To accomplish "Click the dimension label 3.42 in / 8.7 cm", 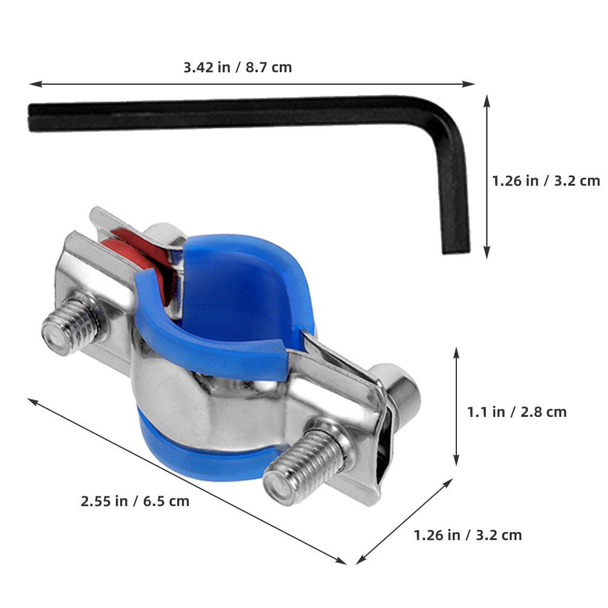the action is [237, 67].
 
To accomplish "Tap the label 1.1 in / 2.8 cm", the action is [516, 412].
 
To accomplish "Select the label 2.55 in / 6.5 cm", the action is [135, 501].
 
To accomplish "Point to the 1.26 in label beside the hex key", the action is [515, 181].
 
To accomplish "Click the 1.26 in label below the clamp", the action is [437, 535].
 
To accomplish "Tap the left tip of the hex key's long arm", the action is [30, 118].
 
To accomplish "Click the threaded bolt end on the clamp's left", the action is [72, 324].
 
